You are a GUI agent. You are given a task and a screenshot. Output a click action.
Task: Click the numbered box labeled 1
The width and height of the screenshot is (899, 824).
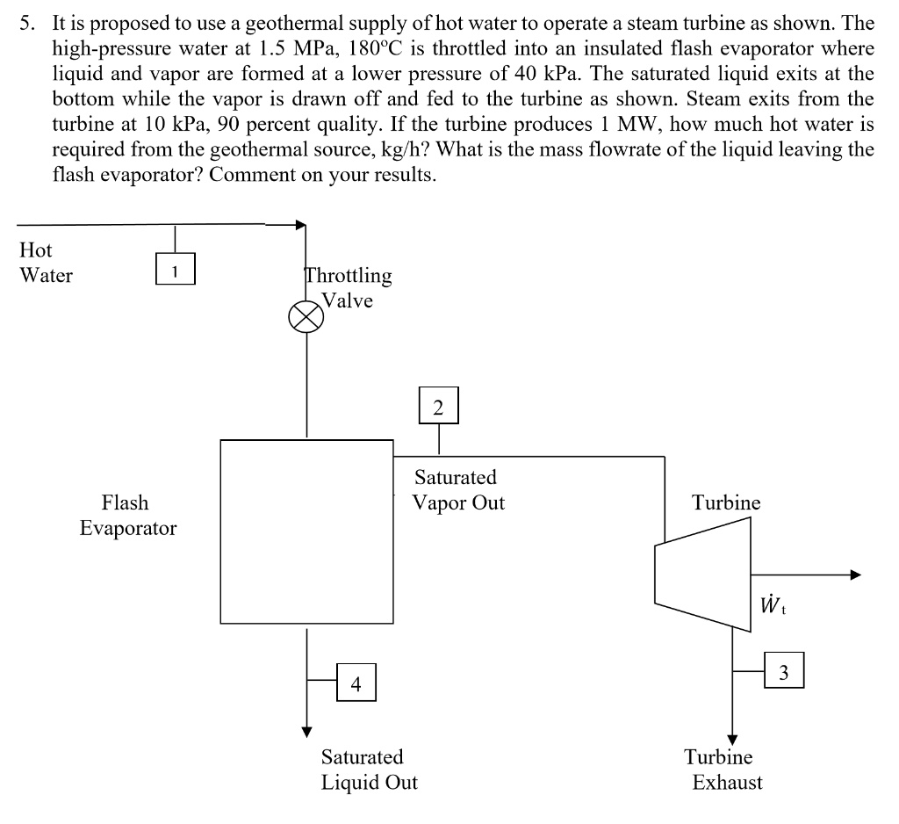pyautogui.click(x=176, y=269)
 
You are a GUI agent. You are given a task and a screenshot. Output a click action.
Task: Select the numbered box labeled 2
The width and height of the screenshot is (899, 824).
pyautogui.click(x=439, y=406)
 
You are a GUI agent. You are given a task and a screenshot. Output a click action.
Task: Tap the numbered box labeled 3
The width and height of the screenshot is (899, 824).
pyautogui.click(x=784, y=669)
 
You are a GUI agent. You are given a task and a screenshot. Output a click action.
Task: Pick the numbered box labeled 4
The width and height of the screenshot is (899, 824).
pyautogui.click(x=356, y=683)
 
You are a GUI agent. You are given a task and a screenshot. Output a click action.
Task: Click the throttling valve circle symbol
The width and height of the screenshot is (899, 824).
pyautogui.click(x=306, y=317)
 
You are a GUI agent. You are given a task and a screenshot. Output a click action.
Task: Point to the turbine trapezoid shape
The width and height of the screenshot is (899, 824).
pyautogui.click(x=703, y=575)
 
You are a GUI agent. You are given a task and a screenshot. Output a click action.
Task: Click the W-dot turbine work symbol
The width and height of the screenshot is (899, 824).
pyautogui.click(x=772, y=604)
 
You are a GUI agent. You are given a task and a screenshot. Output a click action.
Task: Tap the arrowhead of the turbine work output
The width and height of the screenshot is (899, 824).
pyautogui.click(x=855, y=575)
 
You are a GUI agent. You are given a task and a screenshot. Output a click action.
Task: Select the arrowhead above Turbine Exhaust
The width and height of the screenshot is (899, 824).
pyautogui.click(x=732, y=741)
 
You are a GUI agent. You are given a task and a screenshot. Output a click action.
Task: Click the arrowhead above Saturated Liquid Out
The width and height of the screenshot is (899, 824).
pyautogui.click(x=307, y=732)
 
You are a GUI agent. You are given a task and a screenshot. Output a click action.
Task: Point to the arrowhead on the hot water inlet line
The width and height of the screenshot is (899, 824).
pyautogui.click(x=301, y=225)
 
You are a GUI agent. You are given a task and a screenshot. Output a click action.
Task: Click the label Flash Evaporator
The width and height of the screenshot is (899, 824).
pyautogui.click(x=128, y=516)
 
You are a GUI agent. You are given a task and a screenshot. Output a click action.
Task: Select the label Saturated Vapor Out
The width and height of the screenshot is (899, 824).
pyautogui.click(x=458, y=490)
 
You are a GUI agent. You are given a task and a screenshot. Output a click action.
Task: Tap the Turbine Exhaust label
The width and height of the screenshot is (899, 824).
pyautogui.click(x=723, y=770)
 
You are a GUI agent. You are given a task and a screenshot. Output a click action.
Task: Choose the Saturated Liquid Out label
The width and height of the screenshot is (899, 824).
pyautogui.click(x=370, y=770)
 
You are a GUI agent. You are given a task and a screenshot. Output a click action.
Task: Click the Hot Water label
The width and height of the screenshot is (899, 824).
pyautogui.click(x=46, y=263)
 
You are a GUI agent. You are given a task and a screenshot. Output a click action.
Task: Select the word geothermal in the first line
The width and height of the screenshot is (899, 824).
pyautogui.click(x=295, y=24)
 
